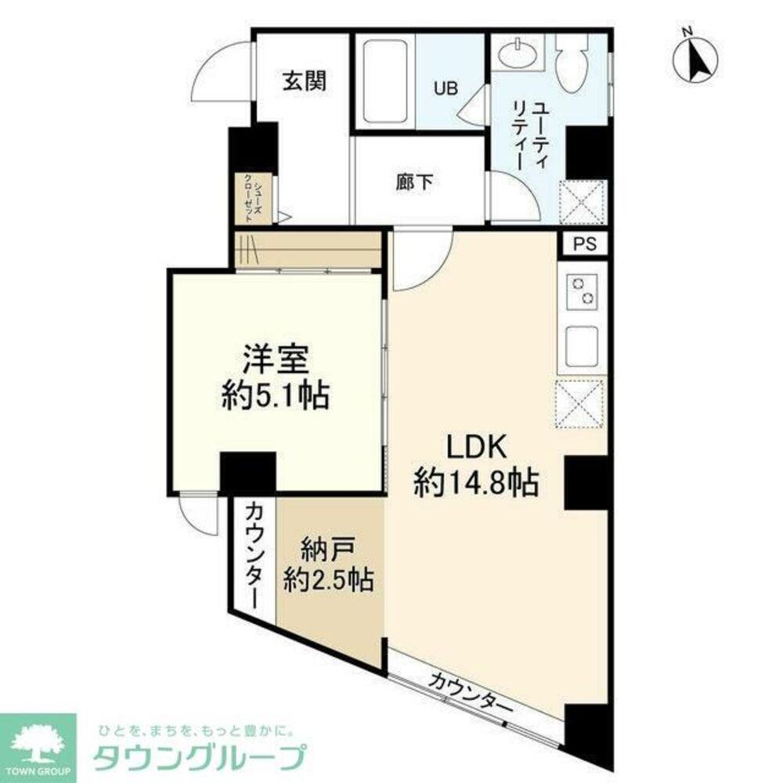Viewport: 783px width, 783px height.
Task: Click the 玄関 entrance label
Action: [x=304, y=81]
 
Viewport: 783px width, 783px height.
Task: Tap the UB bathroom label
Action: [x=446, y=88]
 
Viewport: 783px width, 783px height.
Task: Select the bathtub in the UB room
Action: [x=384, y=81]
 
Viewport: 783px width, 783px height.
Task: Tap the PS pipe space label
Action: [x=584, y=244]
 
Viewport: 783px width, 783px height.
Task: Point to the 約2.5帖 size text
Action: [x=329, y=580]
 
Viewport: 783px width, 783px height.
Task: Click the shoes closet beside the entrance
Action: [x=255, y=199]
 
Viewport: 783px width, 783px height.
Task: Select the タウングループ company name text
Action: [x=199, y=758]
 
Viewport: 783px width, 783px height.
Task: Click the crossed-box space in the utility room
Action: [x=583, y=202]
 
